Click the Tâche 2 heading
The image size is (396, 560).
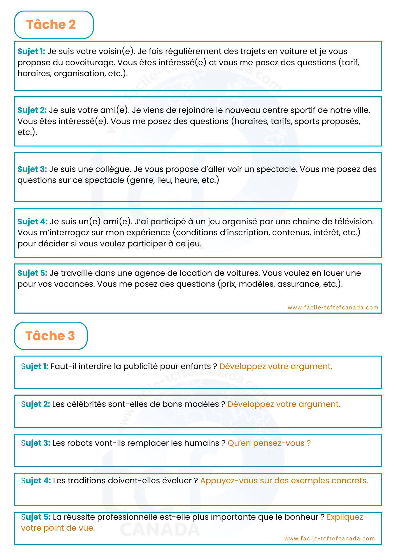click(x=51, y=25)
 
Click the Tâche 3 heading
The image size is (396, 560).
click(x=50, y=336)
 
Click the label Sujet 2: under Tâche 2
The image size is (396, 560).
click(x=32, y=110)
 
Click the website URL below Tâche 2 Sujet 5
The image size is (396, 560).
click(x=333, y=307)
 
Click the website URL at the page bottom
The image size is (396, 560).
click(x=329, y=538)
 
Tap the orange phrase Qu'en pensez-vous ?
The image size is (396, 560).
click(x=269, y=443)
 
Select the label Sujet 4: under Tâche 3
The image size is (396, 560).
click(x=36, y=480)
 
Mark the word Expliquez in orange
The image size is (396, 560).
click(x=345, y=517)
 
